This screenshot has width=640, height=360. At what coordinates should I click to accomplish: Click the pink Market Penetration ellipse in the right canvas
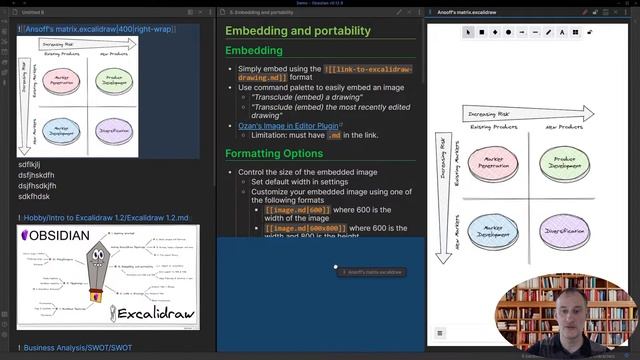click(x=493, y=163)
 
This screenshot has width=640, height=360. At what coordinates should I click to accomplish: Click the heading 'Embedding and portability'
click(x=298, y=31)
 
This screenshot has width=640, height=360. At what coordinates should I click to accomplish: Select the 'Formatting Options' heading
click(x=274, y=153)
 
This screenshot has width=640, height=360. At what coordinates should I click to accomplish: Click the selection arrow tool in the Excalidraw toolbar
click(x=467, y=32)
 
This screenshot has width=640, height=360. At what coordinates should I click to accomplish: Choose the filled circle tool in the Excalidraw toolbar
click(x=509, y=32)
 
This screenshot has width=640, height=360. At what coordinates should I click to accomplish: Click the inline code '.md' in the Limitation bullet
click(x=335, y=135)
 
